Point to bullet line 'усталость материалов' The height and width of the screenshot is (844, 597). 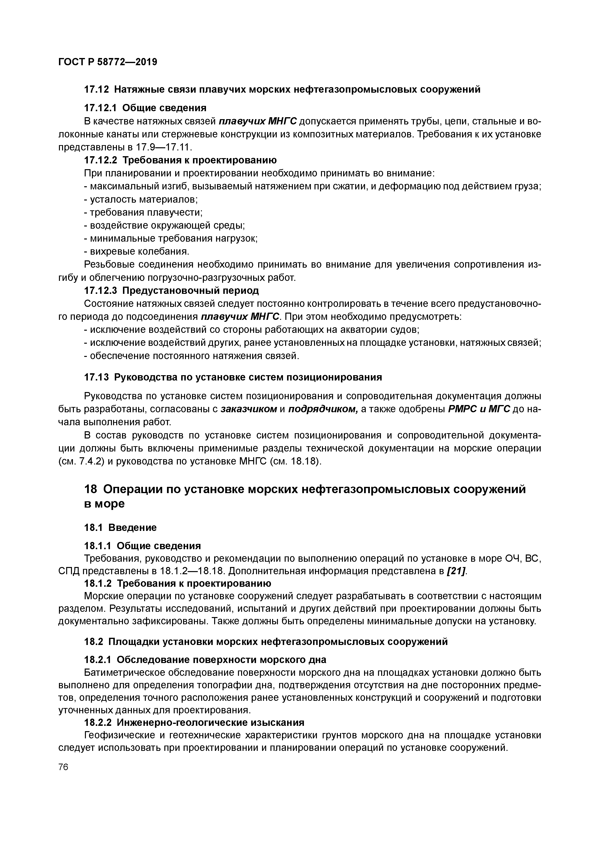click(141, 199)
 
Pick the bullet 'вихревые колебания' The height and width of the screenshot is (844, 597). click(137, 251)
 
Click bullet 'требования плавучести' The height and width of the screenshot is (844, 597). click(143, 213)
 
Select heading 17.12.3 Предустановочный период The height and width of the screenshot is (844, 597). click(171, 290)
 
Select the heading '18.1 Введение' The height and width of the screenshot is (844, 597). click(120, 528)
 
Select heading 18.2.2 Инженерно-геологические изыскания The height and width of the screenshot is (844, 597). click(194, 723)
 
